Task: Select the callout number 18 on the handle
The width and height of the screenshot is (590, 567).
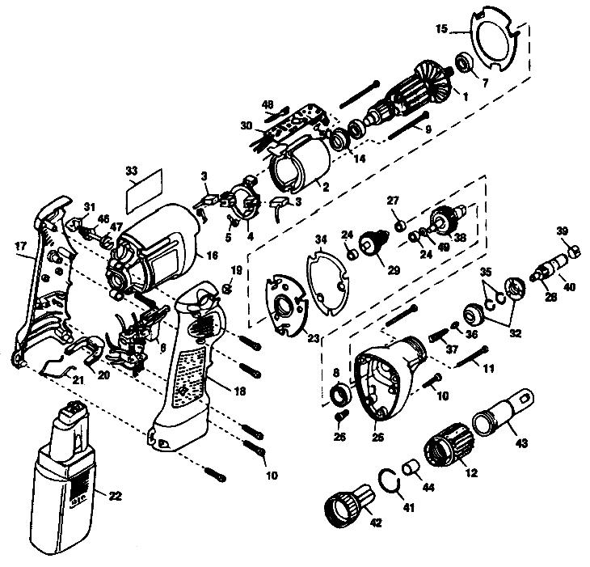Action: tap(239, 391)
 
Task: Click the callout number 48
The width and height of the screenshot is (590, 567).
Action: tap(268, 104)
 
